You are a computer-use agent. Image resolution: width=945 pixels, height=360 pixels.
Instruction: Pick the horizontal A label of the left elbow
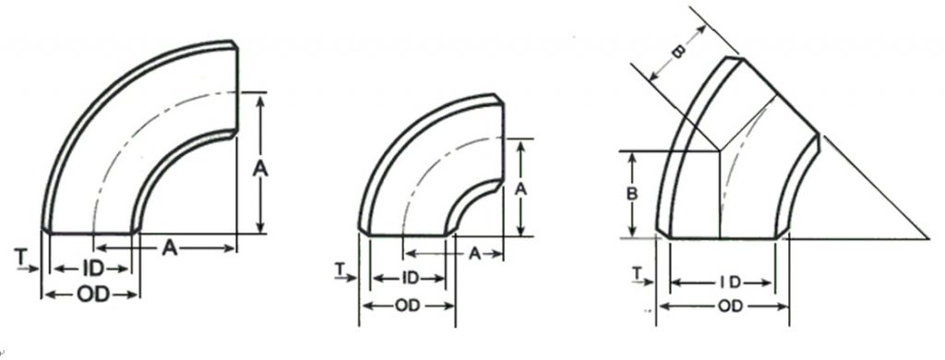171,246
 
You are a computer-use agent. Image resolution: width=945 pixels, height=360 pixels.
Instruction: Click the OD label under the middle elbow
407,306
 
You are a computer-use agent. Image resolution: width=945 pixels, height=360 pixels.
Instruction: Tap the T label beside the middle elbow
340,268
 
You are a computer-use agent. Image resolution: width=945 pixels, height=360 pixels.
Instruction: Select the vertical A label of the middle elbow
521,188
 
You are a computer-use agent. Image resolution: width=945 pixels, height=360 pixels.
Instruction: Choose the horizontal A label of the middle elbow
474,253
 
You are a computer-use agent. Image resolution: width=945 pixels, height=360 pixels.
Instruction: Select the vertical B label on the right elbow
631,194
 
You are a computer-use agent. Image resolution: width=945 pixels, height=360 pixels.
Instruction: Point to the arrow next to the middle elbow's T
351,278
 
